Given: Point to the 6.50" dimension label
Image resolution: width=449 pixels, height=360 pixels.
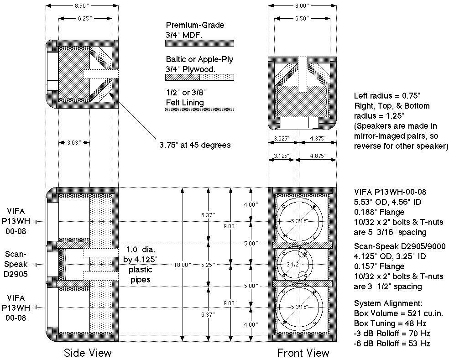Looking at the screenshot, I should tap(301, 18).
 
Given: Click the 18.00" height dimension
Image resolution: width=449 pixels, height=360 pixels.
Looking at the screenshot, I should tap(182, 264).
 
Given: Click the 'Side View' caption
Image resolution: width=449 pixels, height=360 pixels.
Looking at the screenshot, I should tap(88, 353).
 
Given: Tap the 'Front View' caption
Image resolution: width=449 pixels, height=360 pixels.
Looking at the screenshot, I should tap(303, 353).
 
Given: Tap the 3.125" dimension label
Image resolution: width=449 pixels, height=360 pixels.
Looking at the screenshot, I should tap(281, 156).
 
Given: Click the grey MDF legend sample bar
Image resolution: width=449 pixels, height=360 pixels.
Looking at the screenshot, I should tap(199, 43).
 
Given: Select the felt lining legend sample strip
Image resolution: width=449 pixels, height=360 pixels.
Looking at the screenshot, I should tap(199, 110).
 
